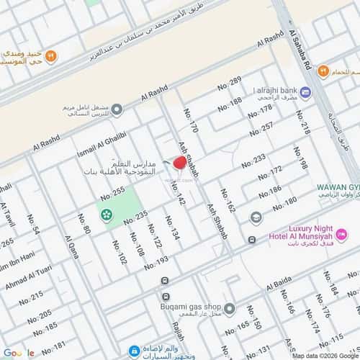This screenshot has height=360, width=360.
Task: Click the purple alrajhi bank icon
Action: pyautogui.click(x=305, y=91)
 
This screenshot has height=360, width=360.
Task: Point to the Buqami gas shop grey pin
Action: pyautogui.click(x=229, y=309)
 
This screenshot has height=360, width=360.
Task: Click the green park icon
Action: pyautogui.click(x=106, y=214)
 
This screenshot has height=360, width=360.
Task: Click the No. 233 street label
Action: pyautogui.click(x=253, y=160)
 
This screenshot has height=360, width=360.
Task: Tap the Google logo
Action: pyautogui.click(x=22, y=352)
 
